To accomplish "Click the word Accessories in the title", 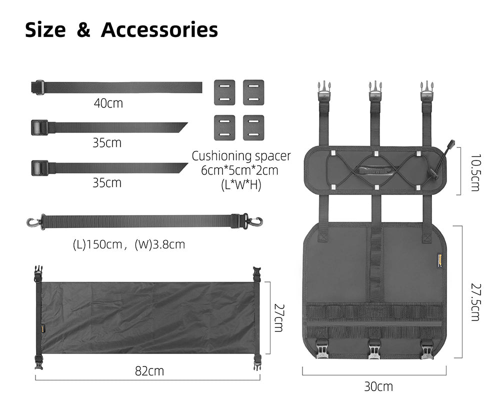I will (x=159, y=30).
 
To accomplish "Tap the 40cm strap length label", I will (x=108, y=103).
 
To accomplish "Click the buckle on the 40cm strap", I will (x=38, y=87).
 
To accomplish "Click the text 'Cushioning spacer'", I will (x=241, y=155).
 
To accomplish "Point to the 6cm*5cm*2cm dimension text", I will (x=239, y=170).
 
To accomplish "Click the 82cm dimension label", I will (x=149, y=371).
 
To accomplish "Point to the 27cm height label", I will (x=278, y=317).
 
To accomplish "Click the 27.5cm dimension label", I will (x=474, y=302).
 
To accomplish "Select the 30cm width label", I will (x=378, y=386).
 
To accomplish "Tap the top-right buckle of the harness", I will (x=426, y=91).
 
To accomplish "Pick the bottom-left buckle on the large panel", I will (x=322, y=348).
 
